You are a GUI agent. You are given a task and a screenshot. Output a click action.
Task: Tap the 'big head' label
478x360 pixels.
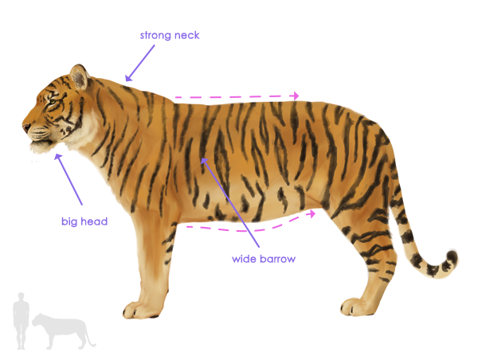point(84,221)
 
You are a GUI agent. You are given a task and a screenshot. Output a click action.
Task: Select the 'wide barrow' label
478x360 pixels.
point(264,259)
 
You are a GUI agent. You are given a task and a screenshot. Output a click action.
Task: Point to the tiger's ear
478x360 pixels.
point(79,77)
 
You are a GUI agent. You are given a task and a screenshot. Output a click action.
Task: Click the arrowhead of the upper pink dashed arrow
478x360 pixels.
point(296,96)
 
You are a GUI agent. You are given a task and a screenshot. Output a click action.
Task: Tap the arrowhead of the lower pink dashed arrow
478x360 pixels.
point(313,213)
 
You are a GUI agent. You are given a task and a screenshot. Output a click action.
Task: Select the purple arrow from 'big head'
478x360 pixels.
point(69,180)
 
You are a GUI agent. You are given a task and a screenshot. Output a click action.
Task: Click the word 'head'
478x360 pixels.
point(95,221)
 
